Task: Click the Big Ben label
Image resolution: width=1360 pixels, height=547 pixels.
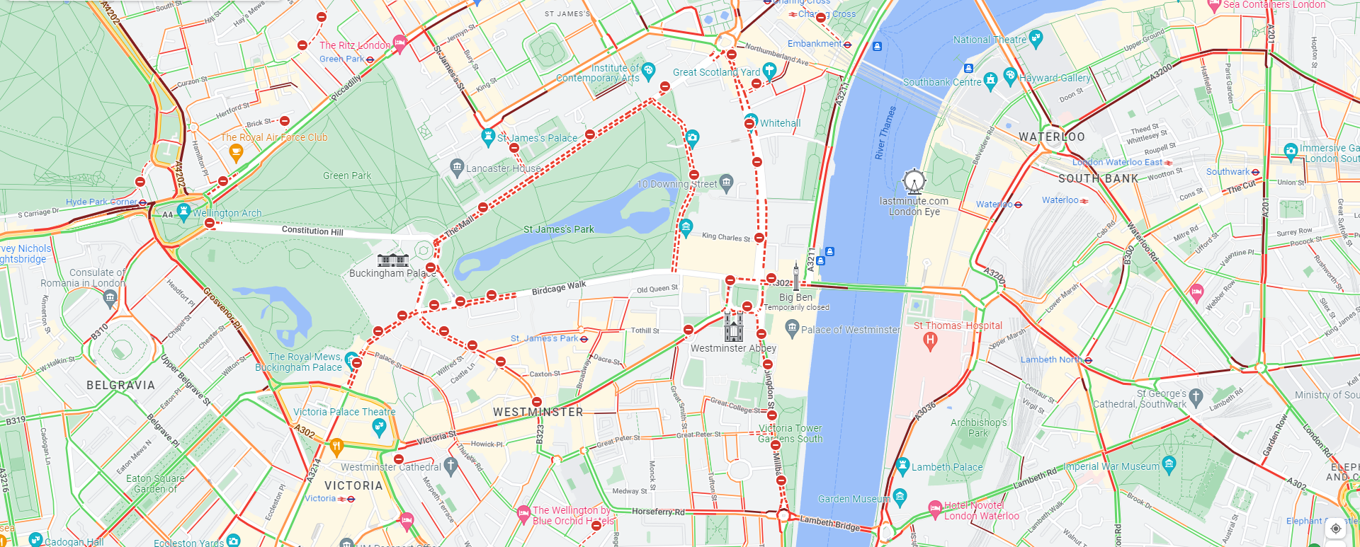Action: coord(795,297)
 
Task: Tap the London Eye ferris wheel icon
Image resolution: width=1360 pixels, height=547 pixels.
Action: coord(914,182)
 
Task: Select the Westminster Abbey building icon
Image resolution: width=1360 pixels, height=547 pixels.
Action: coord(734,327)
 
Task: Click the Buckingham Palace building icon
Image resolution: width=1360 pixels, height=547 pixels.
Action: coord(393,260)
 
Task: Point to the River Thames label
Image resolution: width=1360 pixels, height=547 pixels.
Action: coord(885,132)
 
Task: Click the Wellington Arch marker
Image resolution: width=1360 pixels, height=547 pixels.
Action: coord(183,212)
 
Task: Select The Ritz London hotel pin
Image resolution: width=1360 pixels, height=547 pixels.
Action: coord(399,44)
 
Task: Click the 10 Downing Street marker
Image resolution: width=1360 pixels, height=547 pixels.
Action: coord(726,183)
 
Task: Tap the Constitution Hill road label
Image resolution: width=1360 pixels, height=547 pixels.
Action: coord(312,231)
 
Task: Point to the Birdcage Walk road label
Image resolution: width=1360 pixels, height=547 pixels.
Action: coord(559,288)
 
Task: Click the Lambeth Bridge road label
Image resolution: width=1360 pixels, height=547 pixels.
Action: coord(829,523)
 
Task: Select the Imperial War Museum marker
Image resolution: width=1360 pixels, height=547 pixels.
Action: coord(1169,464)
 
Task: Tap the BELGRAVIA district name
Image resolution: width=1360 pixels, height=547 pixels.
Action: coord(120,385)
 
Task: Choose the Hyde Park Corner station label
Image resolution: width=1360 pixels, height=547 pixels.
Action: coord(101,202)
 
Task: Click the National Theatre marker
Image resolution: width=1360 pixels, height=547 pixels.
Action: coord(1036,38)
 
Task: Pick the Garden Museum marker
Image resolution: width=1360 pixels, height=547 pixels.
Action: coord(900,497)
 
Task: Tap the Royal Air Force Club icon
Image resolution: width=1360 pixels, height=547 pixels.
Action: coord(237,151)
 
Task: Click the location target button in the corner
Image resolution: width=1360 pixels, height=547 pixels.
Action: coord(1336,528)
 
